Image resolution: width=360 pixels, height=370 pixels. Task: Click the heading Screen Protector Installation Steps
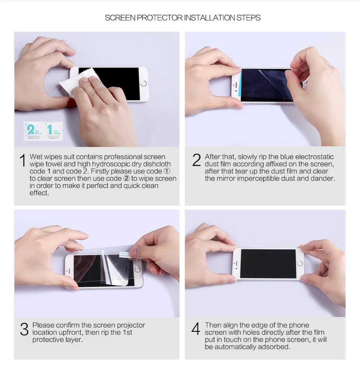point(183,18)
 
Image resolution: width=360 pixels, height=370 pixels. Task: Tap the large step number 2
point(196,160)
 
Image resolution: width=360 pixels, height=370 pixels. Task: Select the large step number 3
point(24,329)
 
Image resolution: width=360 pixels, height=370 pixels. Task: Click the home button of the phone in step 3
point(137,269)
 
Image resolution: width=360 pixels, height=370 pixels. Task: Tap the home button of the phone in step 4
point(300,264)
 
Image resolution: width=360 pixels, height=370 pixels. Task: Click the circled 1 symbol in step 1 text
point(167,171)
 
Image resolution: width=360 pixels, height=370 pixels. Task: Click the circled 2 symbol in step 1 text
point(126,178)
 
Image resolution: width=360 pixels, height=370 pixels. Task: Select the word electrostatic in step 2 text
point(314,157)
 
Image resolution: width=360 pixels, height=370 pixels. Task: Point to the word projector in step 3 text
point(129,325)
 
